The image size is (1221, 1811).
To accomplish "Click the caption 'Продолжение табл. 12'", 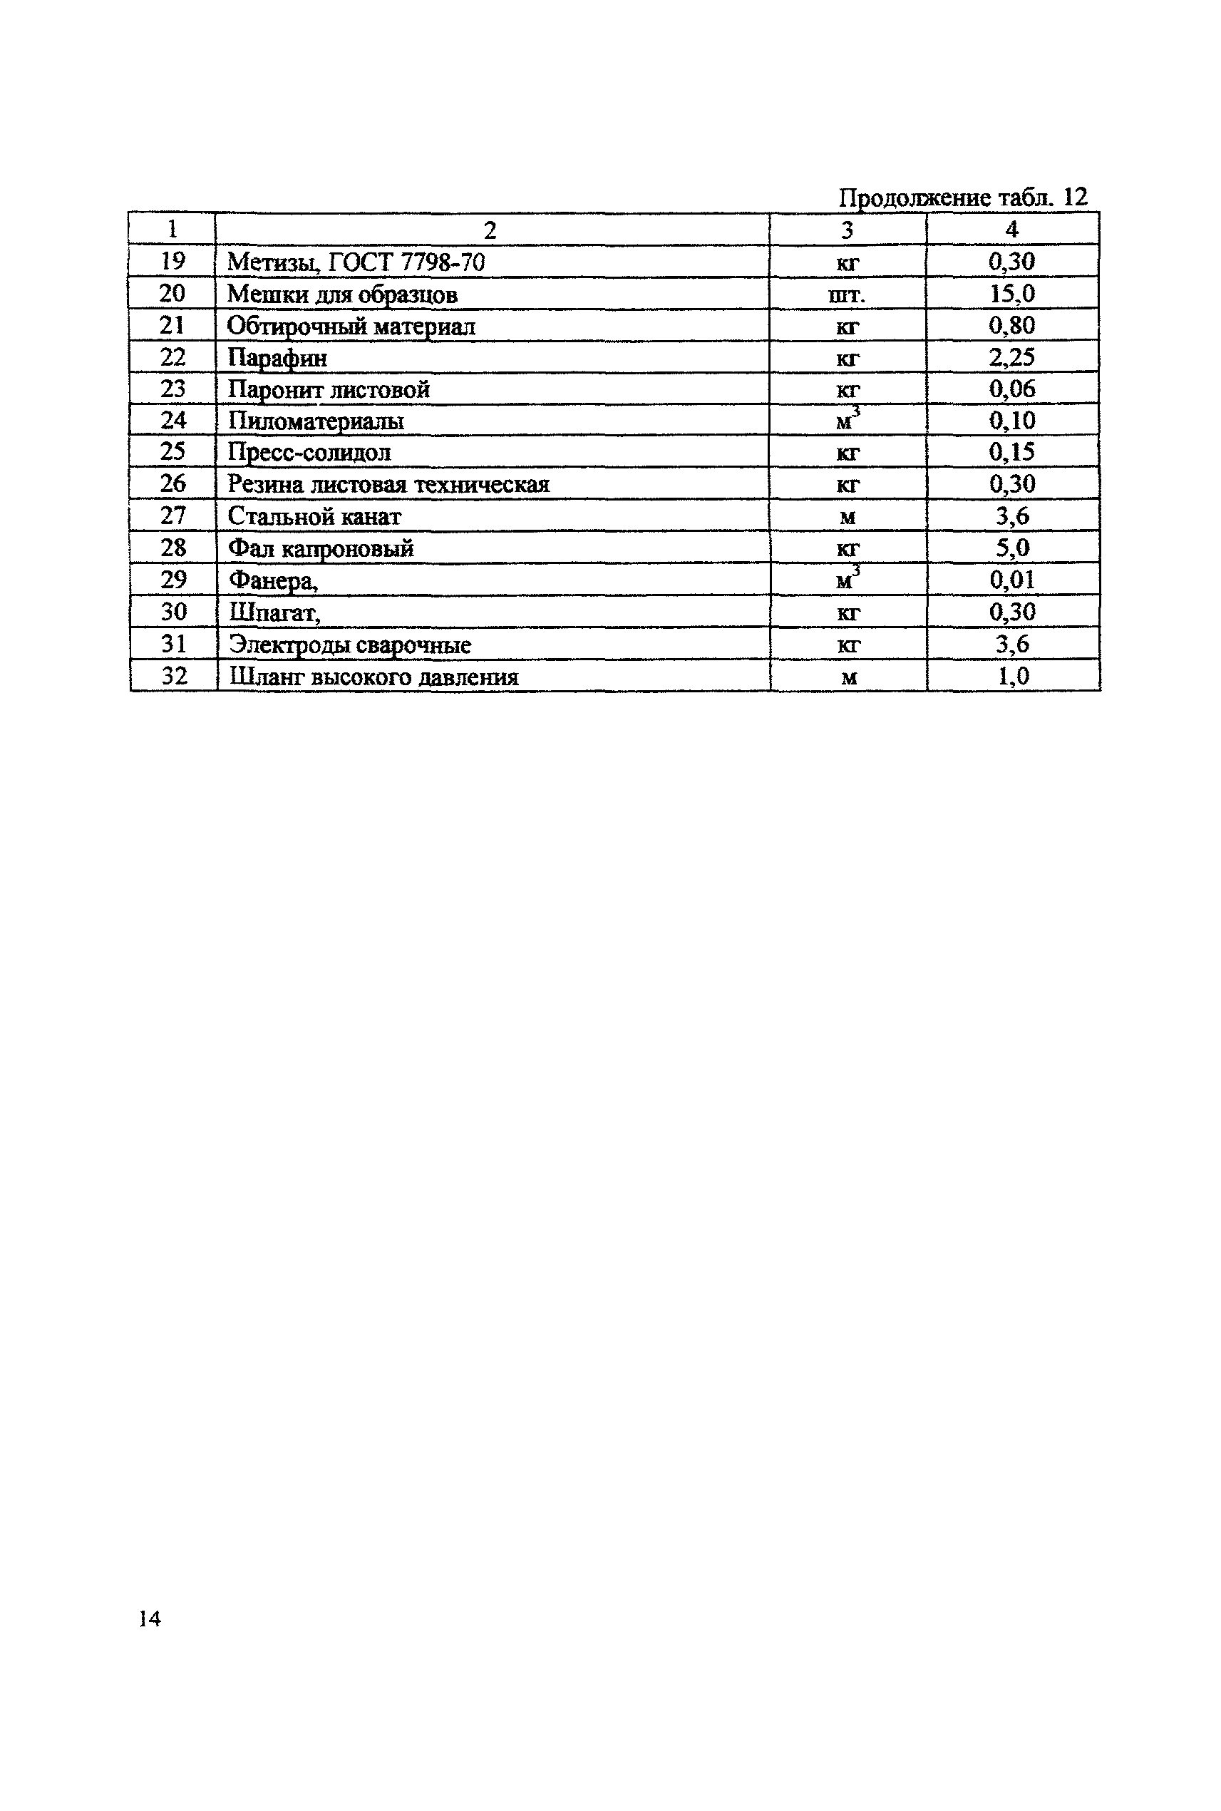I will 962,197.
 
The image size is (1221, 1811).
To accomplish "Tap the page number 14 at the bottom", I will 150,1619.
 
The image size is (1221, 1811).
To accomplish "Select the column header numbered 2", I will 490,230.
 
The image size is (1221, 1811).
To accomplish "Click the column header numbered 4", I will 1011,230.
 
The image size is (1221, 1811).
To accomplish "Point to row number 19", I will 172,262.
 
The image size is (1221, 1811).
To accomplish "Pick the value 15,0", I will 1011,294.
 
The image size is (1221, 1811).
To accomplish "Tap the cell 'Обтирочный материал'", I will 351,327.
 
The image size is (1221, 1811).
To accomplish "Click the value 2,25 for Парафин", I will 1011,357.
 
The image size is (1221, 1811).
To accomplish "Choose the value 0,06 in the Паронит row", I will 1011,389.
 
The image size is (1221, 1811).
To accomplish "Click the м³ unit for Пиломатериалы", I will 848,421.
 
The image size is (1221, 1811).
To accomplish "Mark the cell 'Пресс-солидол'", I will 309,453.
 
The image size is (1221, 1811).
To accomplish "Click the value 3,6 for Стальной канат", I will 1011,516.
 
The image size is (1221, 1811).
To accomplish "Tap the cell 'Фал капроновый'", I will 321,548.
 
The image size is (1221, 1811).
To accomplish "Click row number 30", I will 174,612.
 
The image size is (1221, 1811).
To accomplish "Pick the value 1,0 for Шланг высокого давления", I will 1012,676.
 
